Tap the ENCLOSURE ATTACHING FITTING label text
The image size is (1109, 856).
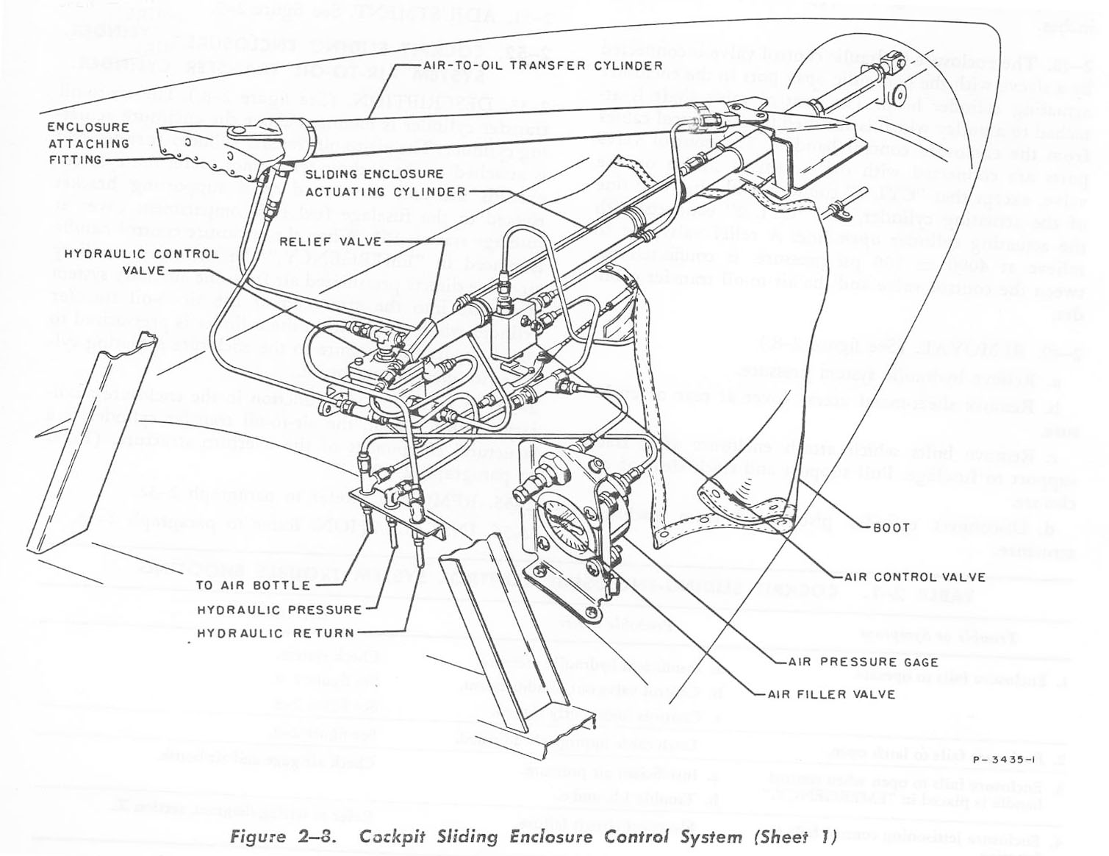pyautogui.click(x=88, y=143)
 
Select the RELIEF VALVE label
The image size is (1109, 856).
pyautogui.click(x=331, y=241)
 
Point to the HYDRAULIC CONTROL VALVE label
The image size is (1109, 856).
pyautogui.click(x=141, y=262)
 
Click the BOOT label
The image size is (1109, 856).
pyautogui.click(x=891, y=527)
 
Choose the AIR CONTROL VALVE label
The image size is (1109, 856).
pyautogui.click(x=914, y=577)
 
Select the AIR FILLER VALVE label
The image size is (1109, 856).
pyautogui.click(x=831, y=694)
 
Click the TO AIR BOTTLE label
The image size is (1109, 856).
pyautogui.click(x=253, y=585)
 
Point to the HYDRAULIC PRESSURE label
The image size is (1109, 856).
pyautogui.click(x=279, y=610)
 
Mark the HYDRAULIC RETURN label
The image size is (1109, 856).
pyautogui.click(x=276, y=633)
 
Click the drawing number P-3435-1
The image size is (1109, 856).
pyautogui.click(x=1003, y=760)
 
